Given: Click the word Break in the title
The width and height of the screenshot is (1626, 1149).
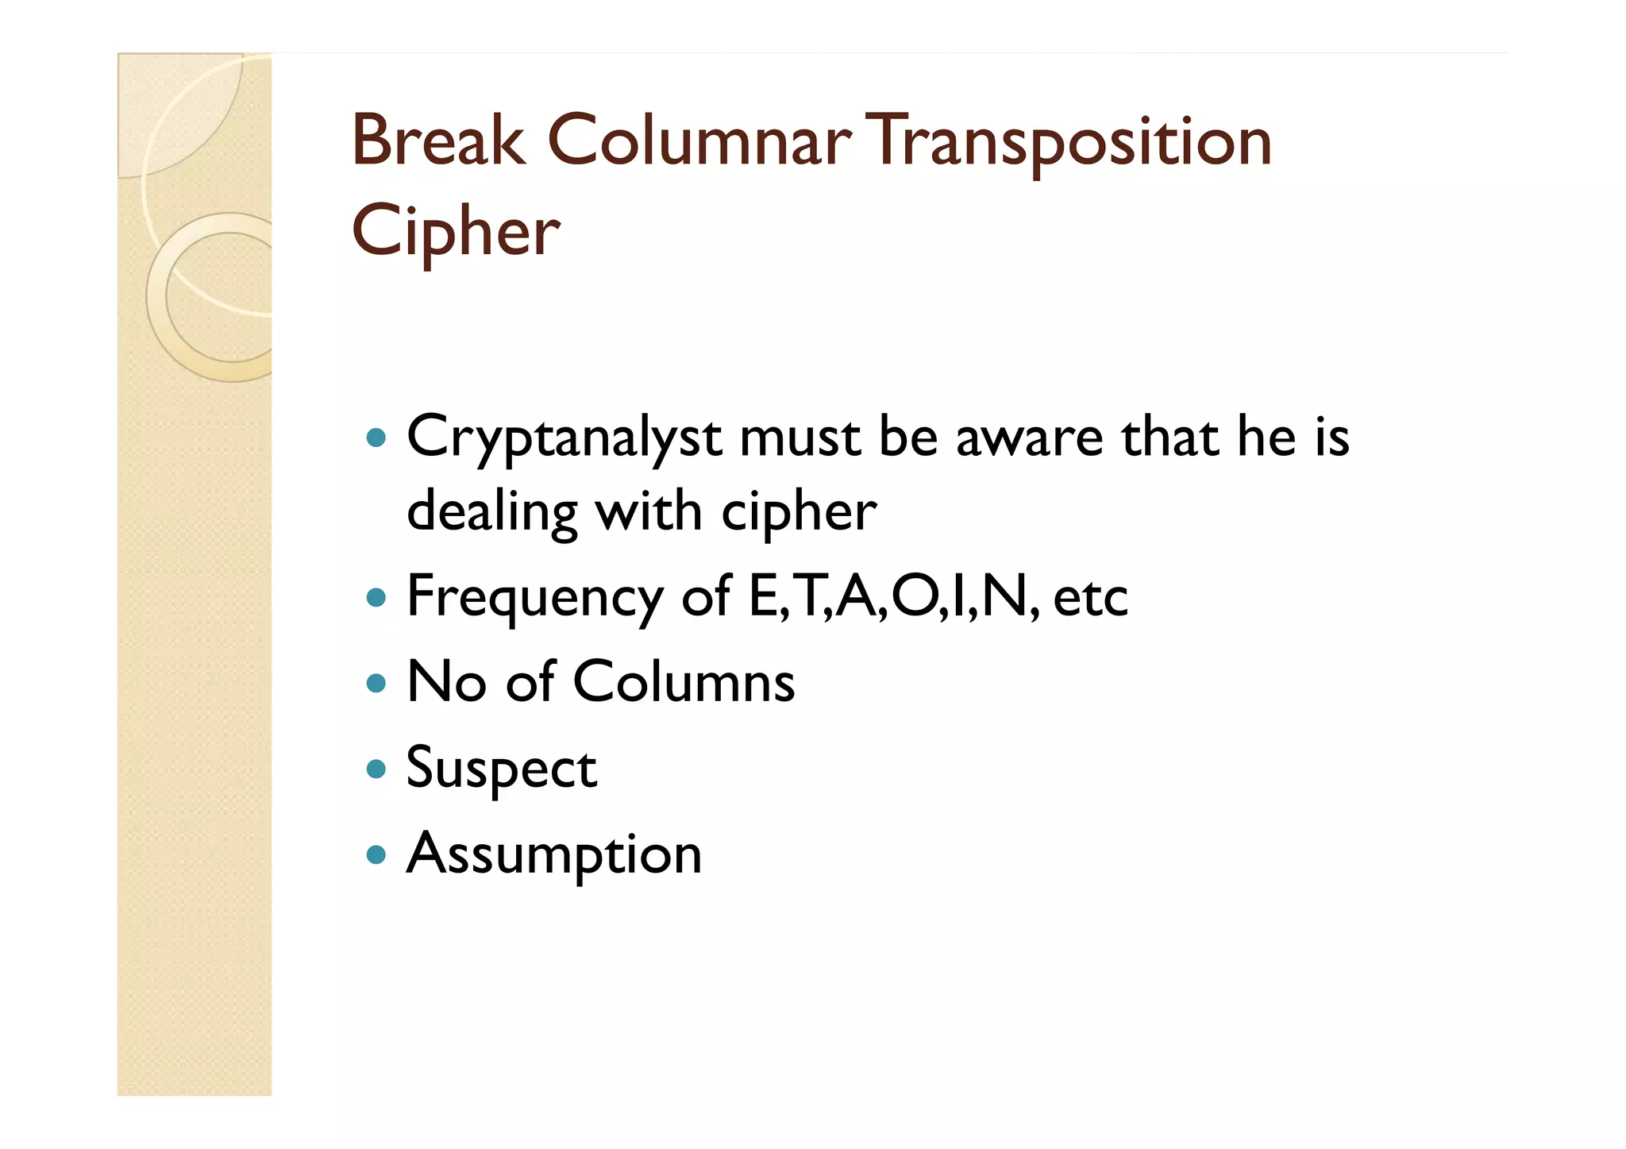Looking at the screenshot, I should pyautogui.click(x=438, y=141).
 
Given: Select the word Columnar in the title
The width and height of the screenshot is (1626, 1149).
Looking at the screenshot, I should pyautogui.click(x=699, y=141).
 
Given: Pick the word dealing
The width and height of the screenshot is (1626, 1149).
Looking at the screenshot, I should pyautogui.click(x=492, y=512).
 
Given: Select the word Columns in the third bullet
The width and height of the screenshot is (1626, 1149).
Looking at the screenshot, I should pyautogui.click(x=684, y=682).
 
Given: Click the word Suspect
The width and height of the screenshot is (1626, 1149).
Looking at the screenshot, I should pyautogui.click(x=501, y=769).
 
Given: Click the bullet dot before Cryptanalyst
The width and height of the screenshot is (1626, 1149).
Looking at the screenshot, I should pyautogui.click(x=376, y=438).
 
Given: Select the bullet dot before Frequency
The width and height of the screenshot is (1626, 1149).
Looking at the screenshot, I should pyautogui.click(x=376, y=597).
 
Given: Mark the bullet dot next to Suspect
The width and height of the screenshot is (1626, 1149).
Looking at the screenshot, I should pyautogui.click(x=376, y=769).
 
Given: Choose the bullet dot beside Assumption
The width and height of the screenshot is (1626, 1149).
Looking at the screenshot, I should pyautogui.click(x=376, y=855).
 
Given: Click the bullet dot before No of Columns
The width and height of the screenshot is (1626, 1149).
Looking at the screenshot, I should pyautogui.click(x=376, y=683).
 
